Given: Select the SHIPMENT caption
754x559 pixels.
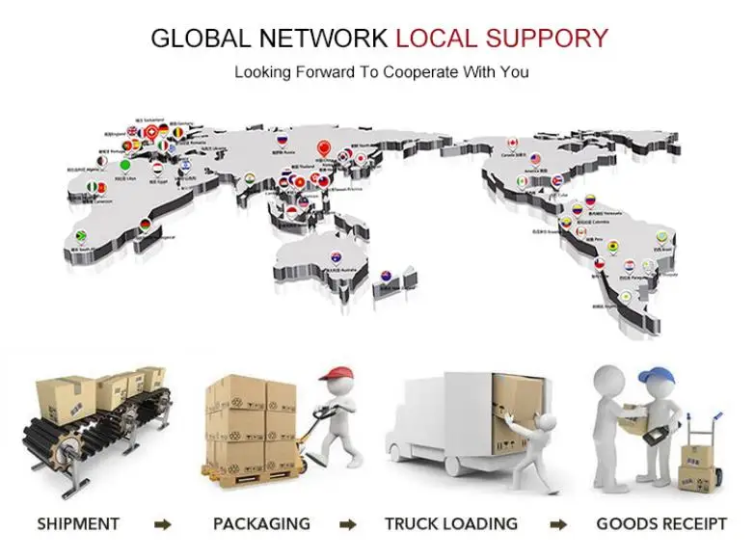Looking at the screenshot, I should point(78,524).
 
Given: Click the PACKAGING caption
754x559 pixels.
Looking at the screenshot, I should point(261,524).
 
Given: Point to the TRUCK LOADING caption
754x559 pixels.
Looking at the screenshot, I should point(450,524).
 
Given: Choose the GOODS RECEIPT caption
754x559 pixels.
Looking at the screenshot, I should point(660,524).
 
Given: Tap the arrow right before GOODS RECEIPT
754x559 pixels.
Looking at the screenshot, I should point(558,525).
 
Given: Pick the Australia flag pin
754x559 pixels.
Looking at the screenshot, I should point(336,257).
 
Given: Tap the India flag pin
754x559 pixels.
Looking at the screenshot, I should point(249,178).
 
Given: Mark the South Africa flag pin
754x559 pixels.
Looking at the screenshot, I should point(83,236).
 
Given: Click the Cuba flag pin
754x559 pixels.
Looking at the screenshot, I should point(555,182).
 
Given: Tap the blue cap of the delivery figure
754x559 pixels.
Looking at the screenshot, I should point(659,373).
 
